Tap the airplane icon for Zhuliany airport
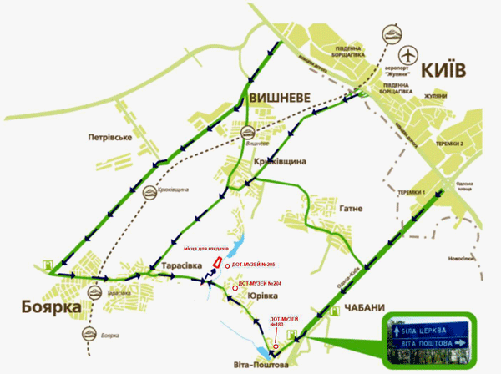click(408, 54)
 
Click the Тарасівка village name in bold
click(171, 265)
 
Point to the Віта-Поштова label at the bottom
click(262, 366)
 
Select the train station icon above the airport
click(392, 34)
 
